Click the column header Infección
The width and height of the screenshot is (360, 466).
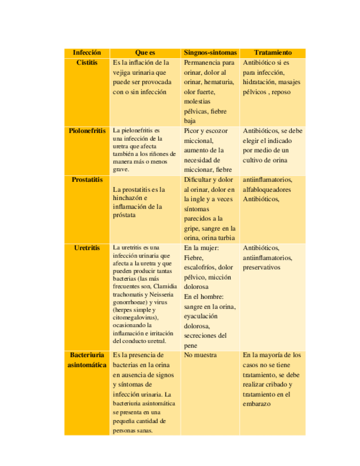point(87,53)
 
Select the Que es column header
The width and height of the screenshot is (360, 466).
point(145,53)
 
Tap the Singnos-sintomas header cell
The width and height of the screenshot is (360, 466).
point(211,53)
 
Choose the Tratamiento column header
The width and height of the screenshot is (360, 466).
point(273,53)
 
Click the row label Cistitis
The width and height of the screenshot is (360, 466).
point(87,63)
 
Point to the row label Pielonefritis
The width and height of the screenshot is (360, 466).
point(87,131)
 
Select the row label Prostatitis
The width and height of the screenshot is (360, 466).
point(87,180)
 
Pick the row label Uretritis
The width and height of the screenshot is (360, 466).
point(87,248)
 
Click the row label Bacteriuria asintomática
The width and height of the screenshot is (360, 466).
point(87,360)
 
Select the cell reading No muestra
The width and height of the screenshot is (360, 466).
point(200,355)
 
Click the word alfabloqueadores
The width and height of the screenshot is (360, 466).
point(268,190)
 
